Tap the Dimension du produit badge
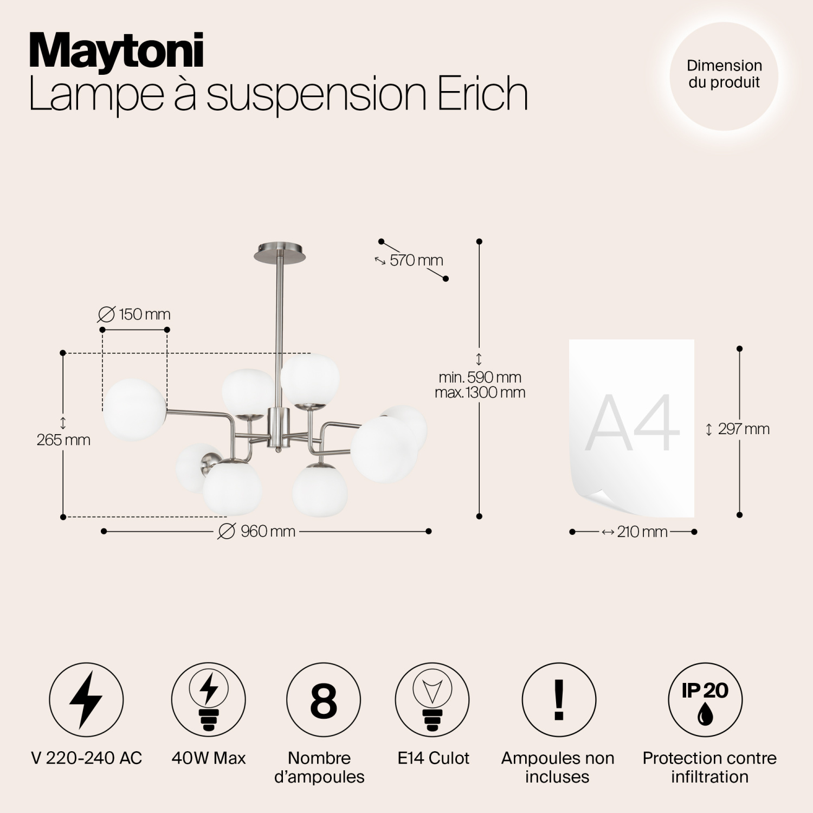[724, 74]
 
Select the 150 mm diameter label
[134, 314]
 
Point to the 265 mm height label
[63, 440]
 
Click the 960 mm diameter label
[257, 531]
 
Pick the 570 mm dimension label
[416, 260]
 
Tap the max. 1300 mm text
[480, 392]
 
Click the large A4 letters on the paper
[633, 424]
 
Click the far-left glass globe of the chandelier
[134, 409]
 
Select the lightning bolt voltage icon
[86, 700]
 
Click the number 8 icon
[323, 700]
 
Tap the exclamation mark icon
[559, 700]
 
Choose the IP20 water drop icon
[705, 700]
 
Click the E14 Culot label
[433, 758]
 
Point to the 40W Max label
[209, 758]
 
